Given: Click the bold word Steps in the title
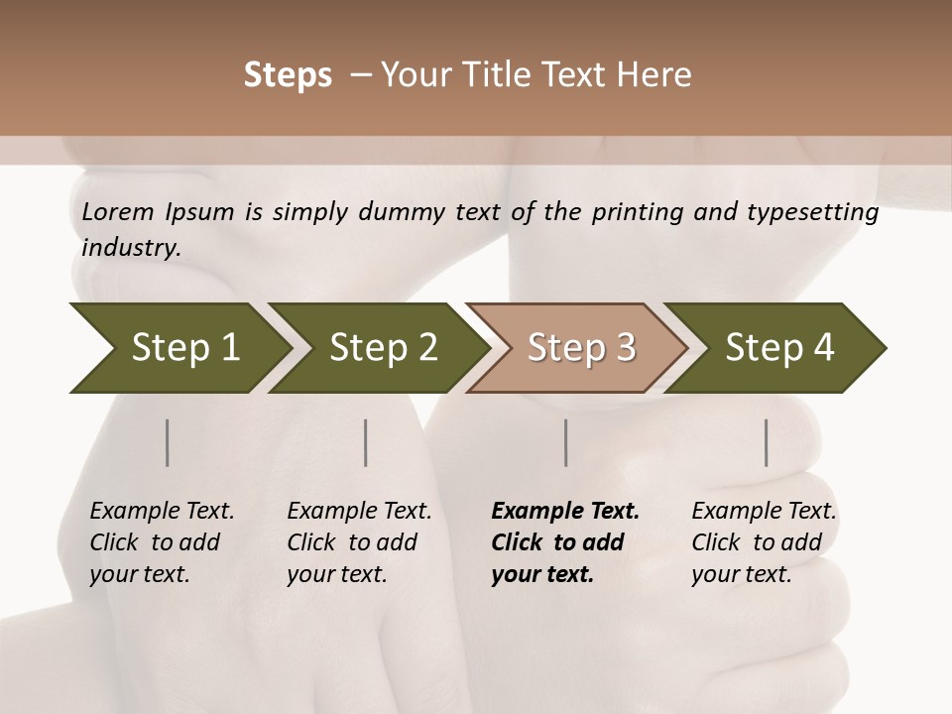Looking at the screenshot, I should tap(288, 75).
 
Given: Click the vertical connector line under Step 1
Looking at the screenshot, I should tap(168, 442).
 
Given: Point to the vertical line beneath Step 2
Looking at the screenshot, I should tap(366, 442).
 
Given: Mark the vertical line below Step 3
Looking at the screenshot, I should tap(566, 442).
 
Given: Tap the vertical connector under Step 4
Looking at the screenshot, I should tap(767, 442).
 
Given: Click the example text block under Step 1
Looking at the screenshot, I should tap(162, 542).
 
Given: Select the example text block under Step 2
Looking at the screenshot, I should tap(359, 542).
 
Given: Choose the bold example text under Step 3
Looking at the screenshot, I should tap(564, 542).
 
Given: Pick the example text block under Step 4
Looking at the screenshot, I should tap(764, 542).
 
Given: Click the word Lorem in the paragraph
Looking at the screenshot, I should tap(118, 212).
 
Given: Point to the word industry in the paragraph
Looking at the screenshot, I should tap(131, 247).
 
